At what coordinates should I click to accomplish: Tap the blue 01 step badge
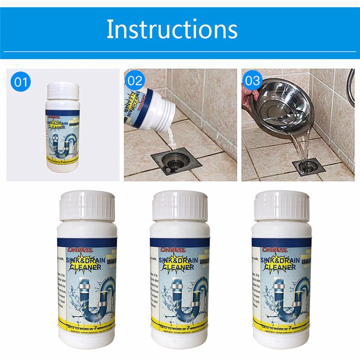point(22,82)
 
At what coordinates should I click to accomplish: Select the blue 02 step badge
point(135,82)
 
